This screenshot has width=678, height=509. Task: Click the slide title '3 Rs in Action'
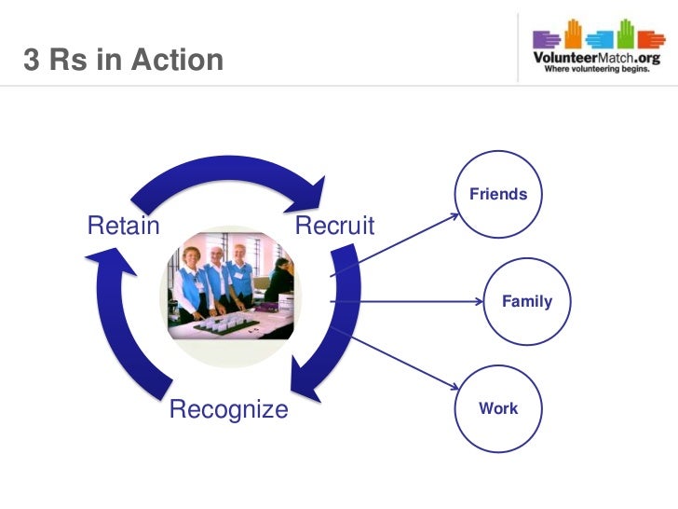(124, 61)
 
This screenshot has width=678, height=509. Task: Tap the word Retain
(123, 226)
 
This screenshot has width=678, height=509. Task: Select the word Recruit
(334, 226)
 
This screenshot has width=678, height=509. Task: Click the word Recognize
(228, 409)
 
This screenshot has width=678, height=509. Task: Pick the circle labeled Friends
(498, 195)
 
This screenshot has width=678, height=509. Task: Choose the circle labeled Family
(526, 301)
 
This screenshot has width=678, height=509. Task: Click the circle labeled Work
(498, 408)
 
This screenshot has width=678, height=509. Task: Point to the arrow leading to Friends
(396, 246)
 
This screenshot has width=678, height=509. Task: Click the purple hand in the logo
(547, 38)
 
